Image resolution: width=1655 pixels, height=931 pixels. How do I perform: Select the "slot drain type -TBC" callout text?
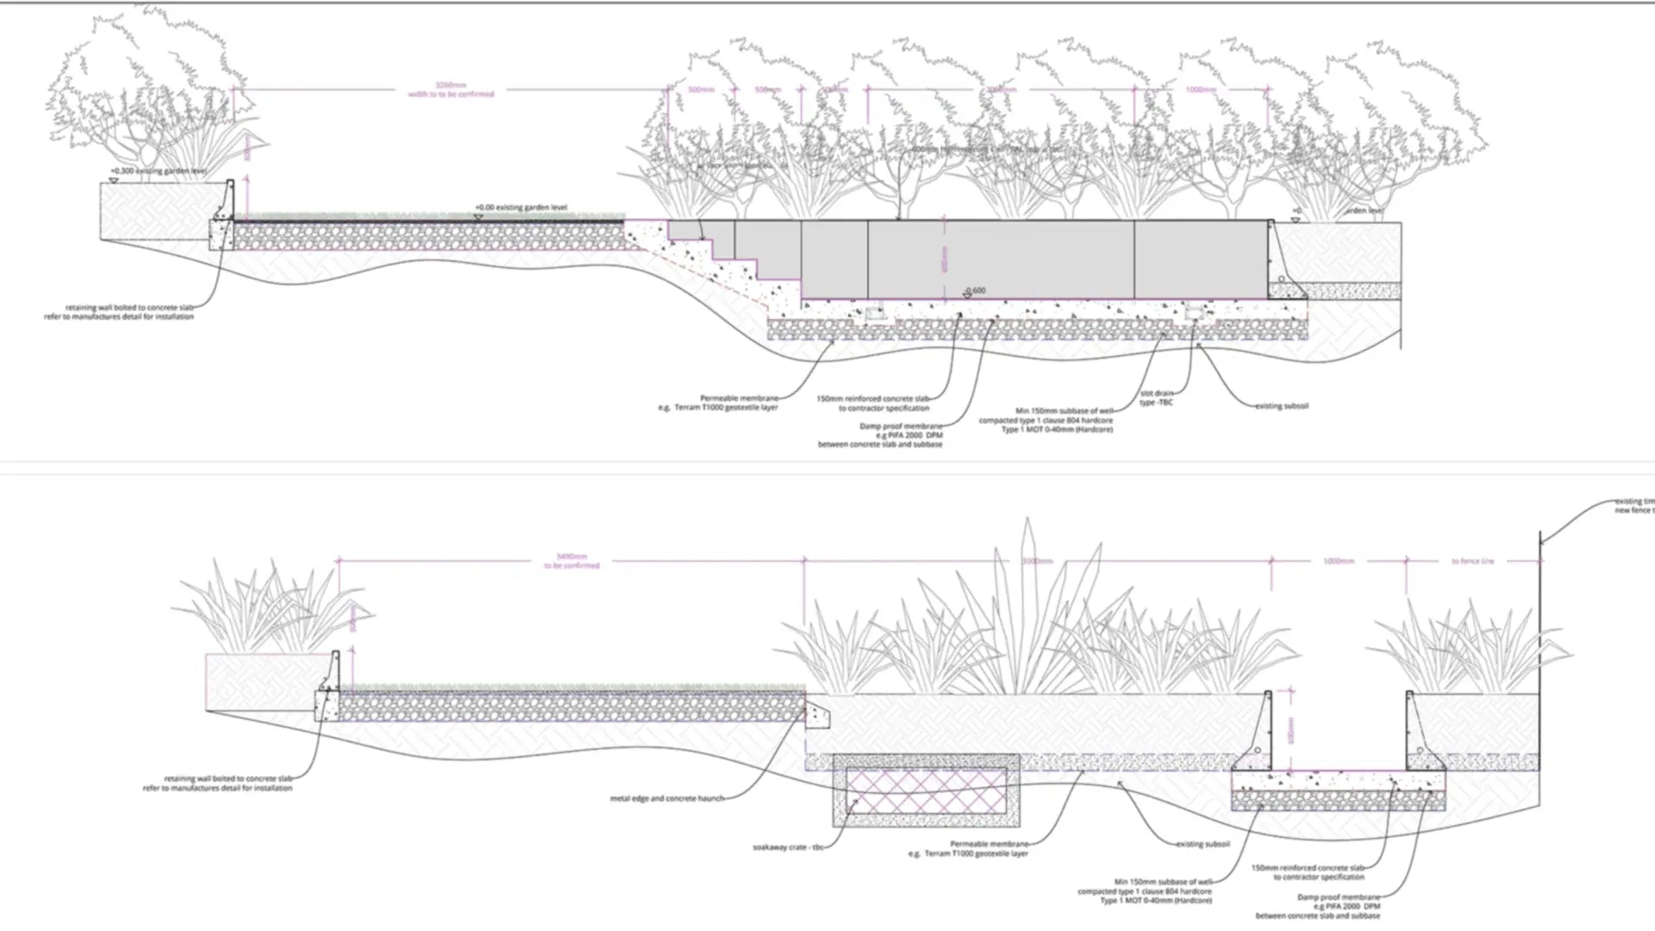click(1156, 397)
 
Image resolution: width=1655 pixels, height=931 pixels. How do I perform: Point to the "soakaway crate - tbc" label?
click(788, 847)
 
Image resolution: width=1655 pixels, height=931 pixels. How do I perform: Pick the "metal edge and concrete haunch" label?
click(666, 798)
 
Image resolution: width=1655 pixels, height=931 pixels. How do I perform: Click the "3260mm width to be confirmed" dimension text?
click(451, 90)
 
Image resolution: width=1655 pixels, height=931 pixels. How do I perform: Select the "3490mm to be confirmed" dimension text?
click(571, 561)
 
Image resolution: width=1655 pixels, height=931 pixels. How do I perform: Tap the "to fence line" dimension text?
click(1472, 561)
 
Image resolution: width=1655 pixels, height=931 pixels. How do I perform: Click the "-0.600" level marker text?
click(976, 291)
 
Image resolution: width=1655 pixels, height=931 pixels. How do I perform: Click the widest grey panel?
click(1001, 259)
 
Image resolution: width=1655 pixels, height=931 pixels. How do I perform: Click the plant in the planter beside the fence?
click(1465, 647)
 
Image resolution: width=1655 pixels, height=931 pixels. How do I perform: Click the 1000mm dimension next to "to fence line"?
click(1338, 561)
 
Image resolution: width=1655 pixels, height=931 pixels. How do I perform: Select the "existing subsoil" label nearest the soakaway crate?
click(1202, 844)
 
